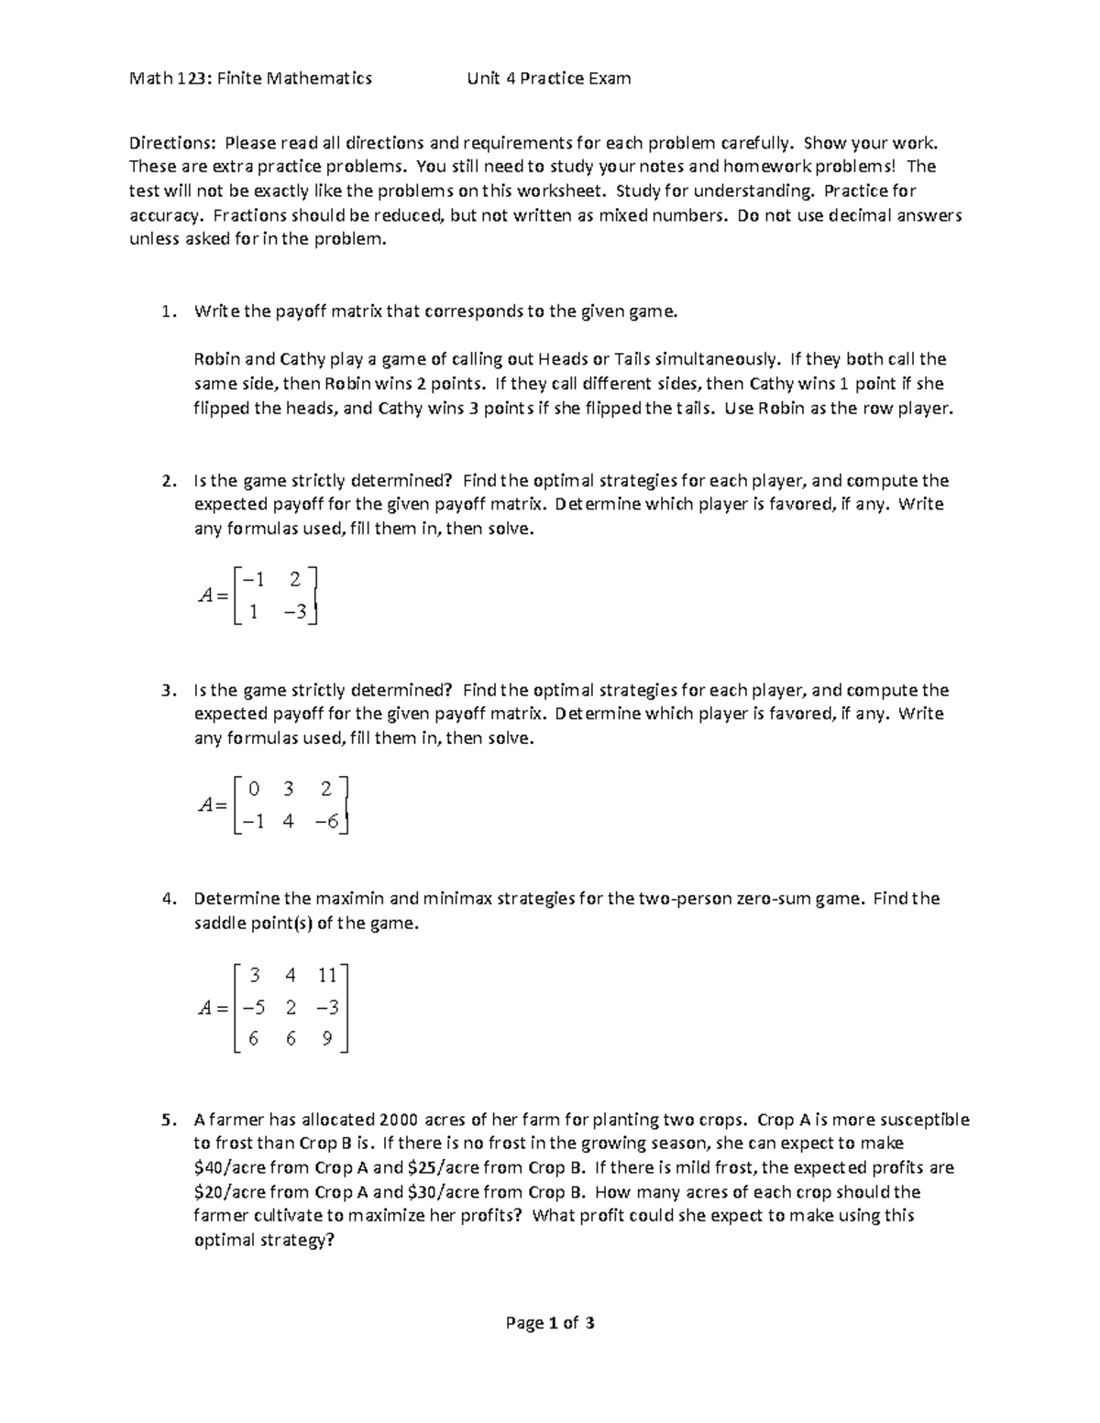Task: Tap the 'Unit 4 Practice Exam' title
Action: pyautogui.click(x=548, y=78)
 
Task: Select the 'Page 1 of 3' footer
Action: pyautogui.click(x=549, y=1322)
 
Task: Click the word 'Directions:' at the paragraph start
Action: pyautogui.click(x=172, y=143)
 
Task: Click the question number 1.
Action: pyautogui.click(x=166, y=312)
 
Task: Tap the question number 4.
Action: pyautogui.click(x=166, y=899)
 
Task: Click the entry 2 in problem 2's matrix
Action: pyautogui.click(x=294, y=579)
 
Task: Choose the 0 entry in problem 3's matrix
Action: pyautogui.click(x=254, y=788)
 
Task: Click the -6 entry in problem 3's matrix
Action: pyautogui.click(x=326, y=822)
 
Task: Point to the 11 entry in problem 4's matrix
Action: pyautogui.click(x=327, y=975)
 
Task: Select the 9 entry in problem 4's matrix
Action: pyautogui.click(x=327, y=1040)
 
